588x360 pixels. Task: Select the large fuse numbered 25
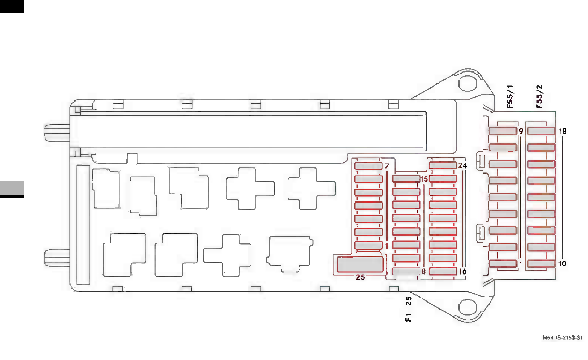coord(361,264)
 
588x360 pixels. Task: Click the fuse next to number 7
coord(368,166)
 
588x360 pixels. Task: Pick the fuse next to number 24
coord(442,166)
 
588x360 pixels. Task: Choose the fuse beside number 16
coord(442,271)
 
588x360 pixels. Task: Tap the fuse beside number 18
coord(541,131)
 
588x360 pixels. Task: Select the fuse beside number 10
coord(541,264)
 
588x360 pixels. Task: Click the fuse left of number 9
coord(503,131)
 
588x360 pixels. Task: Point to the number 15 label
coord(424,179)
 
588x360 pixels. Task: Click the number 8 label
coord(424,271)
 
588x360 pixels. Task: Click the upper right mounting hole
coord(468,83)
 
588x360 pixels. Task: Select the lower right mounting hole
coord(468,309)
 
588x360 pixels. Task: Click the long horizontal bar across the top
coord(249,131)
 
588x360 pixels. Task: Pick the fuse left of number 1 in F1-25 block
coord(368,245)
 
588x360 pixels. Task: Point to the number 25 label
coord(361,277)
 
